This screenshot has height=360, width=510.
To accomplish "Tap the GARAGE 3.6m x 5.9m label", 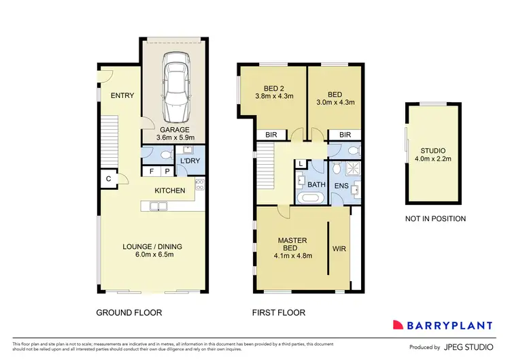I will click(x=175, y=134).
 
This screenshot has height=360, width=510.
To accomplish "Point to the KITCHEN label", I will click(x=169, y=191).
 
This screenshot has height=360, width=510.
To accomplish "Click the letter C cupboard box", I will click(x=108, y=179).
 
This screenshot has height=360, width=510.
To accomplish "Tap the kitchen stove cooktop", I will click(x=200, y=185).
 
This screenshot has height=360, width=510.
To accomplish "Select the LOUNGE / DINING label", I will click(x=152, y=250).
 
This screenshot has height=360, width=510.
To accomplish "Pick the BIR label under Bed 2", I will click(x=271, y=135).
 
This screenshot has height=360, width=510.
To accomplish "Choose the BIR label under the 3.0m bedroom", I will click(x=345, y=135).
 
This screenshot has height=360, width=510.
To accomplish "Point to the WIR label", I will click(x=339, y=249).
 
